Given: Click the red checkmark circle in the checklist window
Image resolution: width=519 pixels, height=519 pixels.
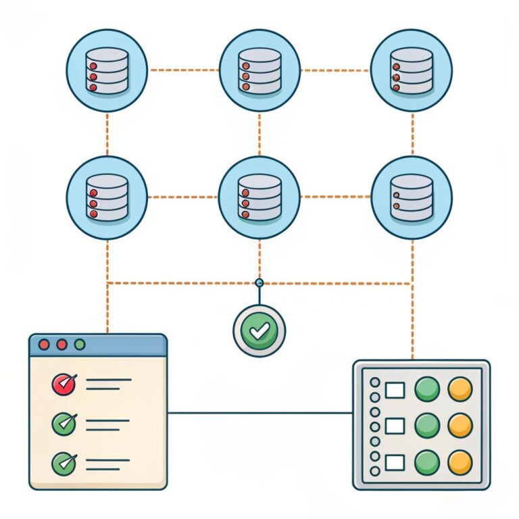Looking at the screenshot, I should (63, 385).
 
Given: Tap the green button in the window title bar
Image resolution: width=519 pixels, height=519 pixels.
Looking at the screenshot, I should (80, 345).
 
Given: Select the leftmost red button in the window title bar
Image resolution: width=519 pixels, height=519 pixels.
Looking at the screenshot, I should (45, 345).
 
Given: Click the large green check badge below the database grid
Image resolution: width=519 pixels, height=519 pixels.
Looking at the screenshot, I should (259, 330).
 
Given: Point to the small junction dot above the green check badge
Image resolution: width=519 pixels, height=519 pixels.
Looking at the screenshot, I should (259, 282).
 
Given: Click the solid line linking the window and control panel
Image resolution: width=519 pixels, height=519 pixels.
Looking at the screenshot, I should (259, 412).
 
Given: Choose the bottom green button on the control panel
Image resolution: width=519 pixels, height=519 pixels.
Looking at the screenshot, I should (427, 462).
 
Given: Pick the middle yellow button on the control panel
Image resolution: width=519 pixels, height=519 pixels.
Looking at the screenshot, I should (460, 425).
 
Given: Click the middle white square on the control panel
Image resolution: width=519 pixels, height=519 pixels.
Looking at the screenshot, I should (395, 426).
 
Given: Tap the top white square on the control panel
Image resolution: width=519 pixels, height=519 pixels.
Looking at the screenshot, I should (395, 390).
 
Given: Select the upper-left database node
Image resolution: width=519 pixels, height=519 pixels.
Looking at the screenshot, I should (107, 70).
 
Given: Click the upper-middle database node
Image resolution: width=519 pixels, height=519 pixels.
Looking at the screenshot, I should (259, 70).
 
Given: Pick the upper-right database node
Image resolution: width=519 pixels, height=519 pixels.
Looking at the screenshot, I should (412, 70).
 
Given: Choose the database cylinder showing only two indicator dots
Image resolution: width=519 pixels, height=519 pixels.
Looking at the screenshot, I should (412, 197).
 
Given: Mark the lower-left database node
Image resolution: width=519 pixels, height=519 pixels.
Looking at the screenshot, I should (107, 197).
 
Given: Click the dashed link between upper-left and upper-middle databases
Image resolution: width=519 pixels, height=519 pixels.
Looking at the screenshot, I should (183, 70).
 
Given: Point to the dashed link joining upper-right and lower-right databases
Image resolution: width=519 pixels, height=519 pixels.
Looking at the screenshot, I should (412, 133).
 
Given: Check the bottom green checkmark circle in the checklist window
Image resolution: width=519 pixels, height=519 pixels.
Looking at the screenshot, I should (63, 462).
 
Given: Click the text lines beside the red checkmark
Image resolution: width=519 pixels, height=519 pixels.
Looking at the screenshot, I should (108, 385).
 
